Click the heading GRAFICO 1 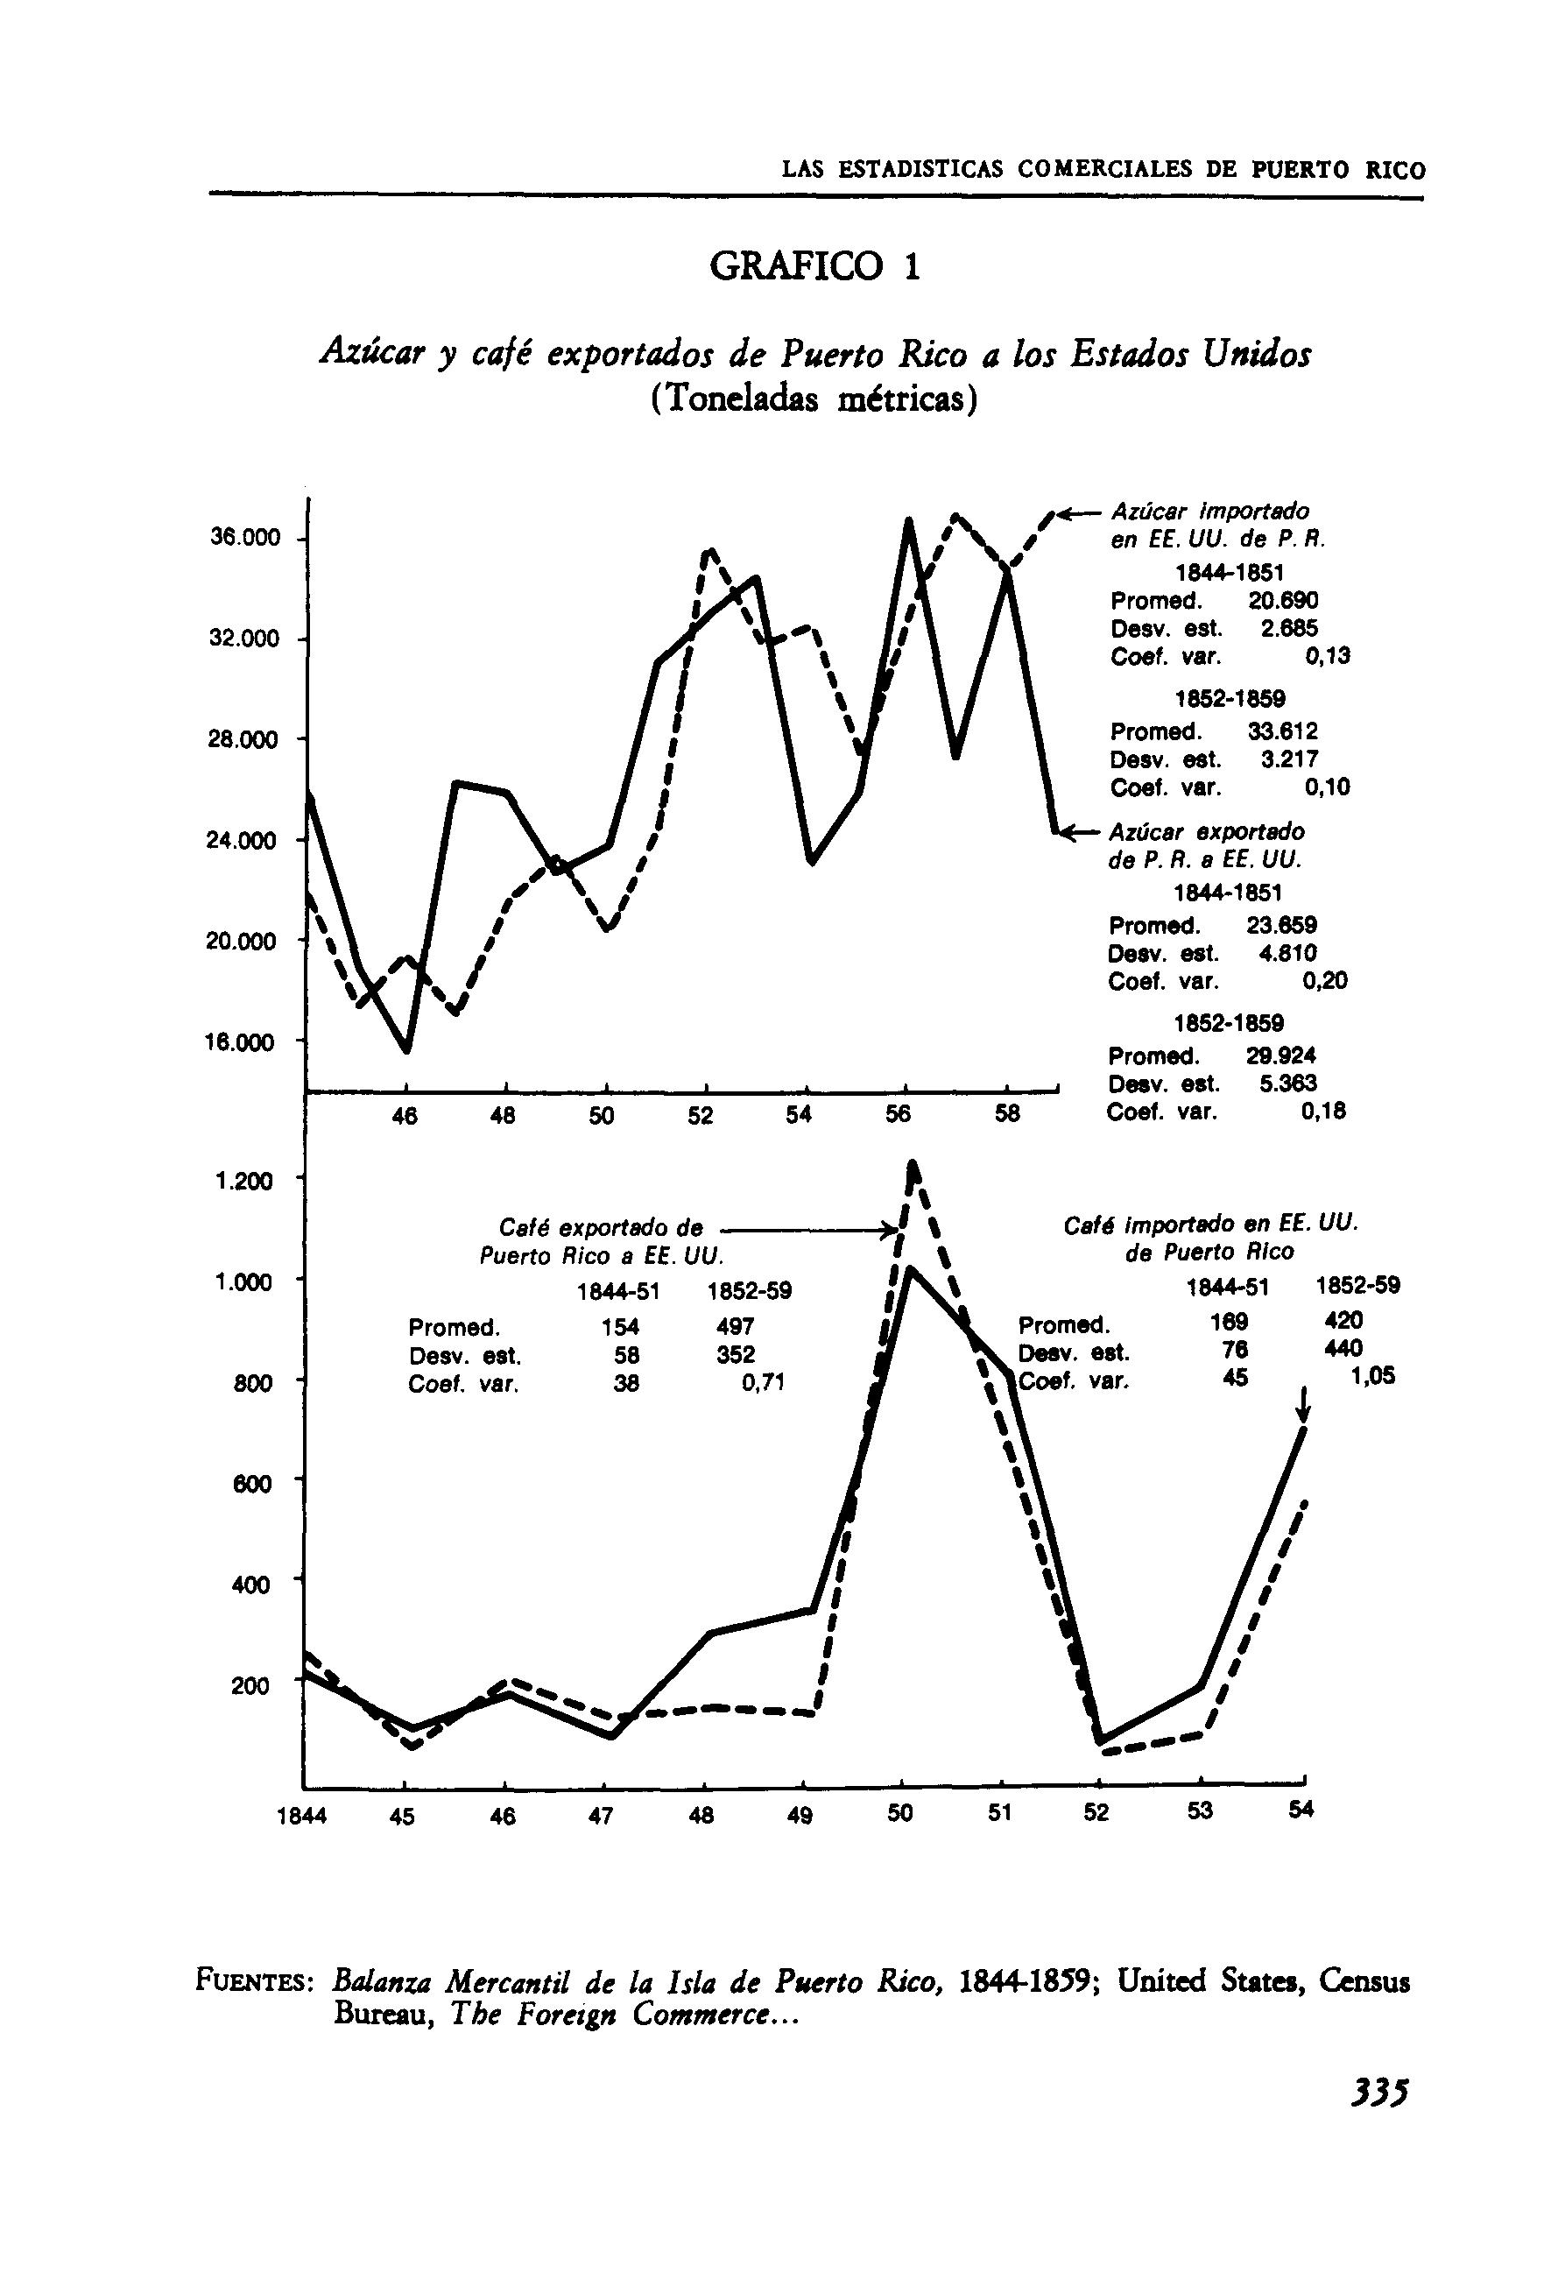(815, 266)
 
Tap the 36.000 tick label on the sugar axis (244, 539)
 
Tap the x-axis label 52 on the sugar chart (701, 1116)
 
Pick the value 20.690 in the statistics (1282, 600)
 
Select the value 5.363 (1287, 1084)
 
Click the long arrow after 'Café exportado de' (807, 1229)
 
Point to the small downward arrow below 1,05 (1303, 1404)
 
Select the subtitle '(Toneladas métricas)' (815, 399)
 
